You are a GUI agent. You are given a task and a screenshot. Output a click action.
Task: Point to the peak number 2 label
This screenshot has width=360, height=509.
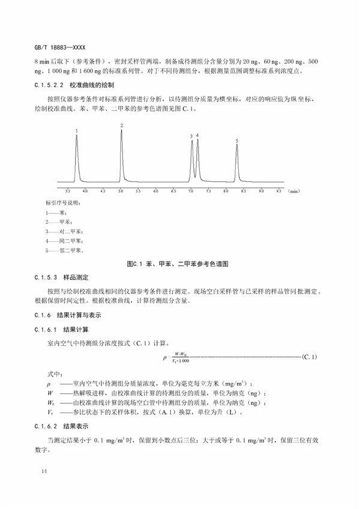click(121, 125)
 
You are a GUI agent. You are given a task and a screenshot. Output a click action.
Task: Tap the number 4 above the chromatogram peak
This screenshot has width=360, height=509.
click(197, 136)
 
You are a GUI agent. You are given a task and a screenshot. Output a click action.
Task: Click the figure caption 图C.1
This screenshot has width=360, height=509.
click(179, 264)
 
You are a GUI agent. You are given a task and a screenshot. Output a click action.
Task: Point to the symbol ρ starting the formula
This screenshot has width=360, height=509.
click(164, 358)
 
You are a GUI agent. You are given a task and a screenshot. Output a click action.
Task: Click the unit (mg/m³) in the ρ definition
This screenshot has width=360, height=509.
click(240, 384)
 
